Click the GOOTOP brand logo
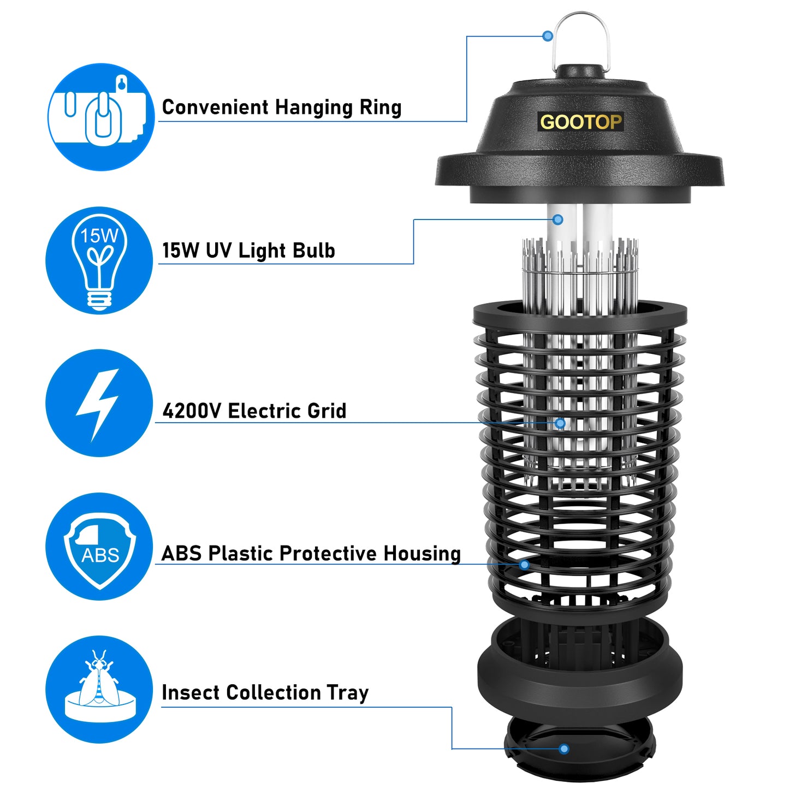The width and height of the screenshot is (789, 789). (580, 122)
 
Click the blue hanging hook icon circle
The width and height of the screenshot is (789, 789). (101, 117)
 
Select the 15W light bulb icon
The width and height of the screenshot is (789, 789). (99, 260)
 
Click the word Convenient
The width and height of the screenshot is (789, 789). (215, 107)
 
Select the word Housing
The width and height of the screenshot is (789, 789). (422, 554)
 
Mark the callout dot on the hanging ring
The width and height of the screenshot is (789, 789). (548, 36)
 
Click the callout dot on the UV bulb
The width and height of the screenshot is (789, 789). (557, 220)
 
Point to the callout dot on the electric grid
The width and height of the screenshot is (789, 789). (560, 423)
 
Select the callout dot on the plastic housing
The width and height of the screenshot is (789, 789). (524, 565)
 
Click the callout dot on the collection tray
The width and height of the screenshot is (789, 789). (564, 749)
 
